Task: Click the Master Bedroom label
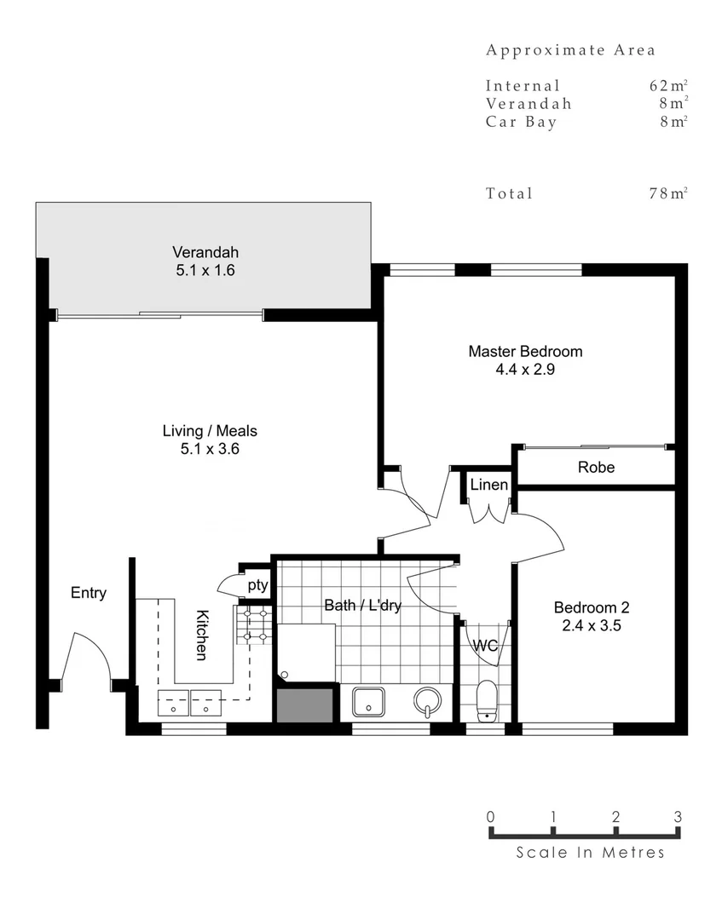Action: (525, 351)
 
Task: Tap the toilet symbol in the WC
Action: (487, 700)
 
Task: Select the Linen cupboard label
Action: (489, 485)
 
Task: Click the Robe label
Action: (596, 467)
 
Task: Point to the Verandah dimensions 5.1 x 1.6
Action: (205, 271)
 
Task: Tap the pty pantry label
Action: (257, 585)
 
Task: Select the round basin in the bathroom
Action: (427, 701)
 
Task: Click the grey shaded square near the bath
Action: (303, 704)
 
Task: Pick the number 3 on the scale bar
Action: (678, 816)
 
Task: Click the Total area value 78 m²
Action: (667, 193)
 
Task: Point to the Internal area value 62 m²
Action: (667, 85)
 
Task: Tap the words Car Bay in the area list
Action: (522, 122)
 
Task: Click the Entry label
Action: (89, 593)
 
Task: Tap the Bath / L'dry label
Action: (362, 606)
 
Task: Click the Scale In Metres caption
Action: (590, 852)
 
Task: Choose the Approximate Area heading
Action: (570, 50)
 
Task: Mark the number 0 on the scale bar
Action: (491, 816)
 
